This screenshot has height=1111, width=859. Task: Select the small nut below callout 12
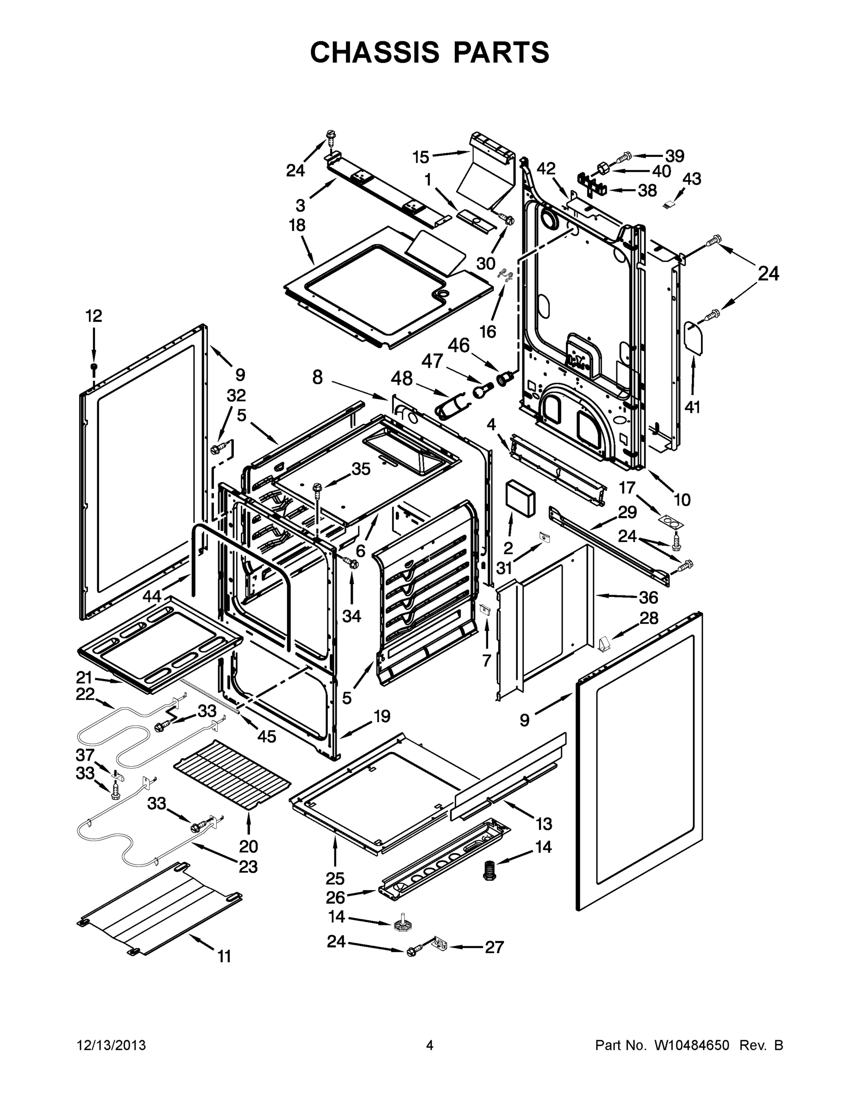pyautogui.click(x=94, y=367)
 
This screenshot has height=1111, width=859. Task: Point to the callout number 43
pyautogui.click(x=691, y=179)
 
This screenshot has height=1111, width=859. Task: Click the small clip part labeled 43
pyautogui.click(x=670, y=205)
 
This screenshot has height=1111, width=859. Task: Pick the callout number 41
pyautogui.click(x=692, y=406)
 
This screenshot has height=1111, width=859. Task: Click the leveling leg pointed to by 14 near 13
pyautogui.click(x=489, y=870)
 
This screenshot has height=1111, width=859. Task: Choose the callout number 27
pyautogui.click(x=494, y=947)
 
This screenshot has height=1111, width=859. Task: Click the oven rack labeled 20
pyautogui.click(x=232, y=775)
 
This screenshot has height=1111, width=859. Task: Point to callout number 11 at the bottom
pyautogui.click(x=225, y=956)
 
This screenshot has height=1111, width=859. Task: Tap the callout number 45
pyautogui.click(x=267, y=736)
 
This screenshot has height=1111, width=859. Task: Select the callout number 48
pyautogui.click(x=401, y=379)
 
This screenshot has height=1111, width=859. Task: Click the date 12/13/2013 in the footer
pyautogui.click(x=112, y=1045)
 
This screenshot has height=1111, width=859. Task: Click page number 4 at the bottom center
pyautogui.click(x=430, y=1045)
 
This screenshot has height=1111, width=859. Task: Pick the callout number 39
pyautogui.click(x=675, y=156)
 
